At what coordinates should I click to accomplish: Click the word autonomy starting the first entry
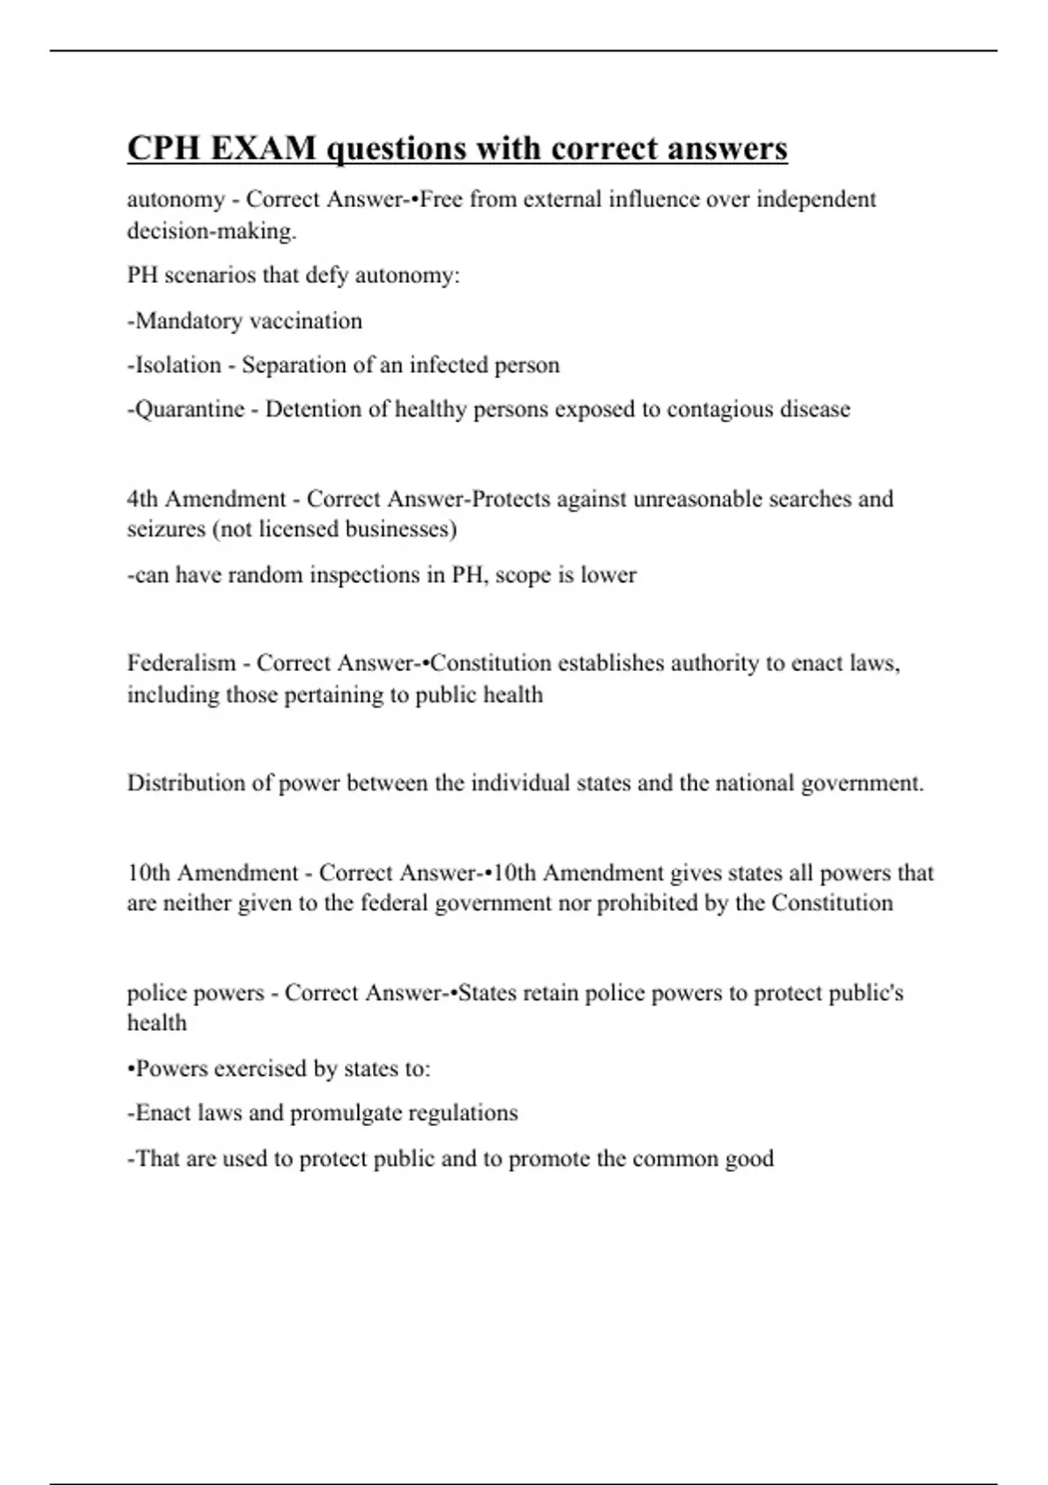pos(176,200)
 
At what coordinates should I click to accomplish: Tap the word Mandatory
pos(188,321)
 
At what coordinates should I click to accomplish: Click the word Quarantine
pos(190,410)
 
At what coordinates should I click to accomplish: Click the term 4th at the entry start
pos(143,499)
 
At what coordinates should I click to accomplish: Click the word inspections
pos(362,575)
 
